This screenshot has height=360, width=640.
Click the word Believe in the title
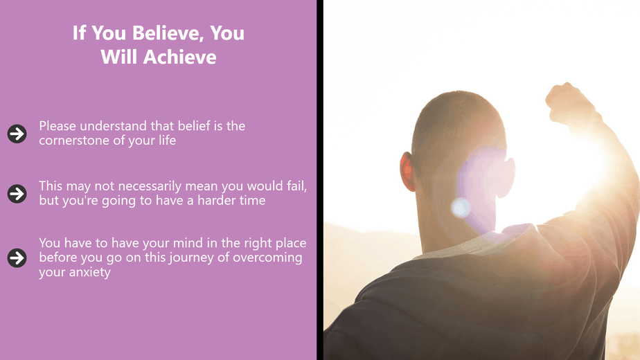coord(168,33)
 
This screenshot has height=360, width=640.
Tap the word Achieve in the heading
coord(179,57)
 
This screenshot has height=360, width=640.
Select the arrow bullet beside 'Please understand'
coord(17,134)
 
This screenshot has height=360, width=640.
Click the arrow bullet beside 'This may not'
coord(17,193)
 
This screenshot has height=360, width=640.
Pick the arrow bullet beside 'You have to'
coord(17,258)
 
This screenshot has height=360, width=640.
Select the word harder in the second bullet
coord(215,200)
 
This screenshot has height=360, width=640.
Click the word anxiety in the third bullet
coord(89,272)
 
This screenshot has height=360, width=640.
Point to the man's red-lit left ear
coord(407,172)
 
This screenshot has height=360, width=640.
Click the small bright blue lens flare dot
coord(461,208)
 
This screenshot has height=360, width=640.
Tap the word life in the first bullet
coord(167,140)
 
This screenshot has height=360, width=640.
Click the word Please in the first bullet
coord(57,126)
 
